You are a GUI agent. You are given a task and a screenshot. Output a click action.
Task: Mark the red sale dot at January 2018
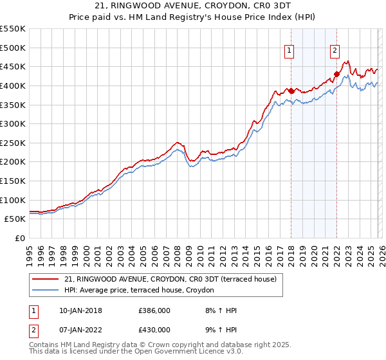pos(291,91)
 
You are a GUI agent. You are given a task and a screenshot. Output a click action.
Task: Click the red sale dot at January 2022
pos(336,74)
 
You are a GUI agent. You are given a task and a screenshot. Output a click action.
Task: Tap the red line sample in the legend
pos(46,279)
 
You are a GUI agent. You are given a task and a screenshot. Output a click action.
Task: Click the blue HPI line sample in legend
pos(46,291)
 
